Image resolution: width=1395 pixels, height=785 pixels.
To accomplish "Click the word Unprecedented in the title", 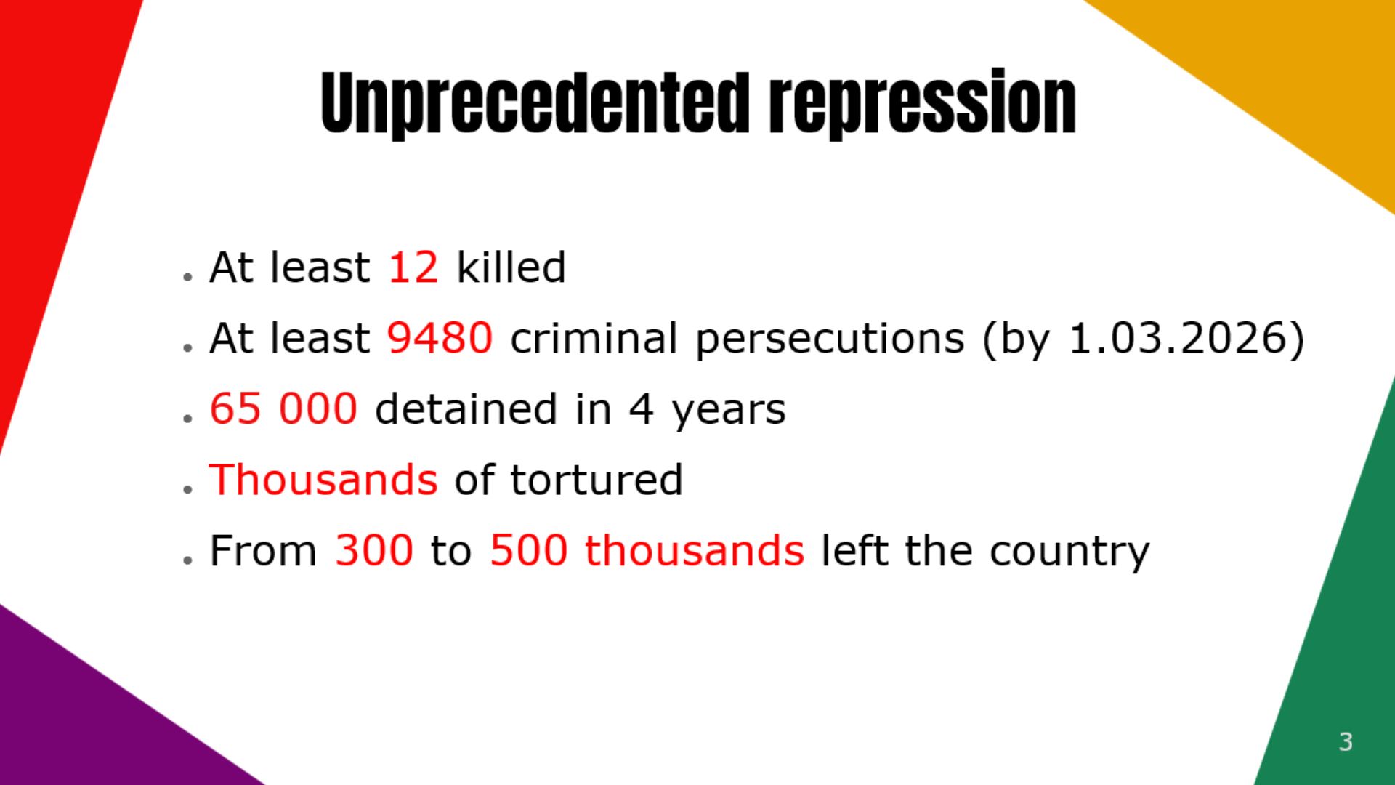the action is pyautogui.click(x=535, y=103).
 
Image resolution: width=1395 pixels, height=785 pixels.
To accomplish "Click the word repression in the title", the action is pyautogui.click(x=923, y=103).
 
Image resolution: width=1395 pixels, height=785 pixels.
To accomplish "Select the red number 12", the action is pyautogui.click(x=413, y=267).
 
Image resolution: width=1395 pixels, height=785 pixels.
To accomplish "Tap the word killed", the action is pyautogui.click(x=511, y=267).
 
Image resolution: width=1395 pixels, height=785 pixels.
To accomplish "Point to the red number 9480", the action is pyautogui.click(x=440, y=338).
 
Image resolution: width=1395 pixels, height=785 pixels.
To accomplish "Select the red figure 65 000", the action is pyautogui.click(x=283, y=408).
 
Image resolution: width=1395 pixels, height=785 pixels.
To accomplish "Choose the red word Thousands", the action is pyautogui.click(x=323, y=480).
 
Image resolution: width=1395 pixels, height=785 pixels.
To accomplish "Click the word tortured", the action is pyautogui.click(x=597, y=480).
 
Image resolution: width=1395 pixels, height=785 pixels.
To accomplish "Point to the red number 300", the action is pyautogui.click(x=374, y=550).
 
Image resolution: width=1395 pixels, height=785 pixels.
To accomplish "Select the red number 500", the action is pyautogui.click(x=528, y=550).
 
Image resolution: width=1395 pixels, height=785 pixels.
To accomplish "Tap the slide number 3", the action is pyautogui.click(x=1346, y=741).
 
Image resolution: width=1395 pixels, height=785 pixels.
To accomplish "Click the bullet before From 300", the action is pyautogui.click(x=188, y=560).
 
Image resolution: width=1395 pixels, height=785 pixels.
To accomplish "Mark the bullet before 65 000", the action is pyautogui.click(x=188, y=419).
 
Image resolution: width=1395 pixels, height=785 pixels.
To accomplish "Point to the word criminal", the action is pyautogui.click(x=594, y=338).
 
